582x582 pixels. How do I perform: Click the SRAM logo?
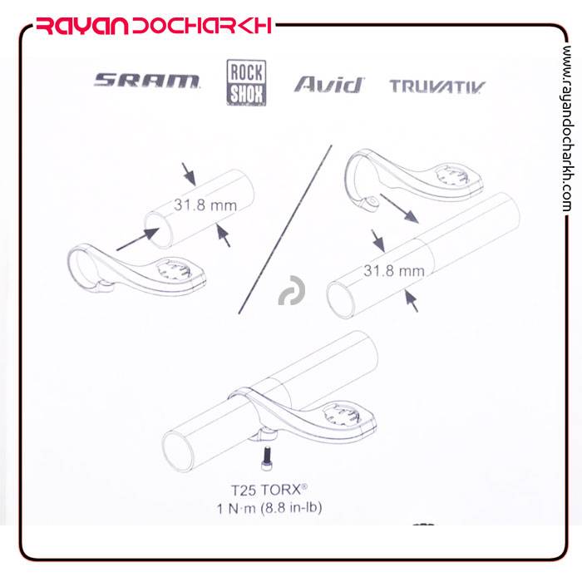(x=146, y=81)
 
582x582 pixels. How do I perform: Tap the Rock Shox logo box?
(x=246, y=83)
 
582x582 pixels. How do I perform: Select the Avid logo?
(x=329, y=85)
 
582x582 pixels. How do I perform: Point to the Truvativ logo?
(x=437, y=86)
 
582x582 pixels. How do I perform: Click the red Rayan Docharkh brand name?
(x=154, y=26)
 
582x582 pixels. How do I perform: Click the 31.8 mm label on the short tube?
(x=205, y=205)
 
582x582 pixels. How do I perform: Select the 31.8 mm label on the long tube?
(x=394, y=270)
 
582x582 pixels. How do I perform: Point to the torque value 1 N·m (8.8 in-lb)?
(x=269, y=507)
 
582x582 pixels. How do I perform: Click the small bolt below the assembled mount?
(x=267, y=458)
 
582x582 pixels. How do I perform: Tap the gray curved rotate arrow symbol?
(x=293, y=291)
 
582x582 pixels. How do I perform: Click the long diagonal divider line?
(x=285, y=229)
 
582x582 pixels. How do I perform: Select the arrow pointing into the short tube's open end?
(x=138, y=239)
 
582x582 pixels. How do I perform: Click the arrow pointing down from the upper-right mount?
(x=400, y=208)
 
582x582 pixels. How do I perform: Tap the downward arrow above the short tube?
(x=189, y=174)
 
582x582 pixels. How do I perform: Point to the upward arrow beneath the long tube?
(x=412, y=301)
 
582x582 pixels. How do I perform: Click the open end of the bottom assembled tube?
(x=179, y=451)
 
